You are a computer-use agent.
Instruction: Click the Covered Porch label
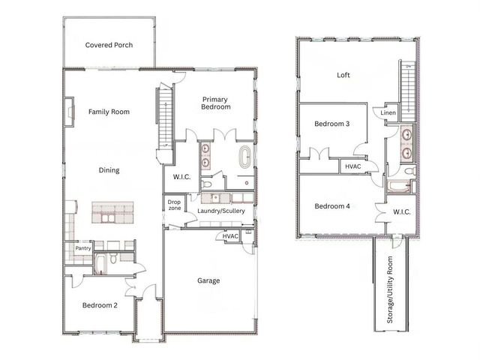tap(109, 45)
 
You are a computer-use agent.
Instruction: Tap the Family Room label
tap(109, 112)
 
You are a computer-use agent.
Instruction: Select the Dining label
tap(109, 170)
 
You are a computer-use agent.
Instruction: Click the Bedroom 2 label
tap(100, 305)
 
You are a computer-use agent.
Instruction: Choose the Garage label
tap(208, 280)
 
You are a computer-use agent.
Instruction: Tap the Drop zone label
tap(174, 205)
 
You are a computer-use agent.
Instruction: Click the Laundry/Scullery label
tap(217, 211)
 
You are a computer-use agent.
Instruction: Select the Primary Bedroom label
tap(215, 103)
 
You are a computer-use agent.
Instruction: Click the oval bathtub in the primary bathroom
tap(244, 159)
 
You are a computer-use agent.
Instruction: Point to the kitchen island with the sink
tap(112, 213)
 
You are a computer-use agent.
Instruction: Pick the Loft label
tap(343, 75)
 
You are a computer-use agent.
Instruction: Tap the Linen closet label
tap(388, 112)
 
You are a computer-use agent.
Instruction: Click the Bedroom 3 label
tap(331, 124)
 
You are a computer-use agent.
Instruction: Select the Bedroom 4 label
tap(331, 206)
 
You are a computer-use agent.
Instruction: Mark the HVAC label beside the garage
tap(231, 237)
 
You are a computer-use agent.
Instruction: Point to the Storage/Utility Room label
tap(389, 289)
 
